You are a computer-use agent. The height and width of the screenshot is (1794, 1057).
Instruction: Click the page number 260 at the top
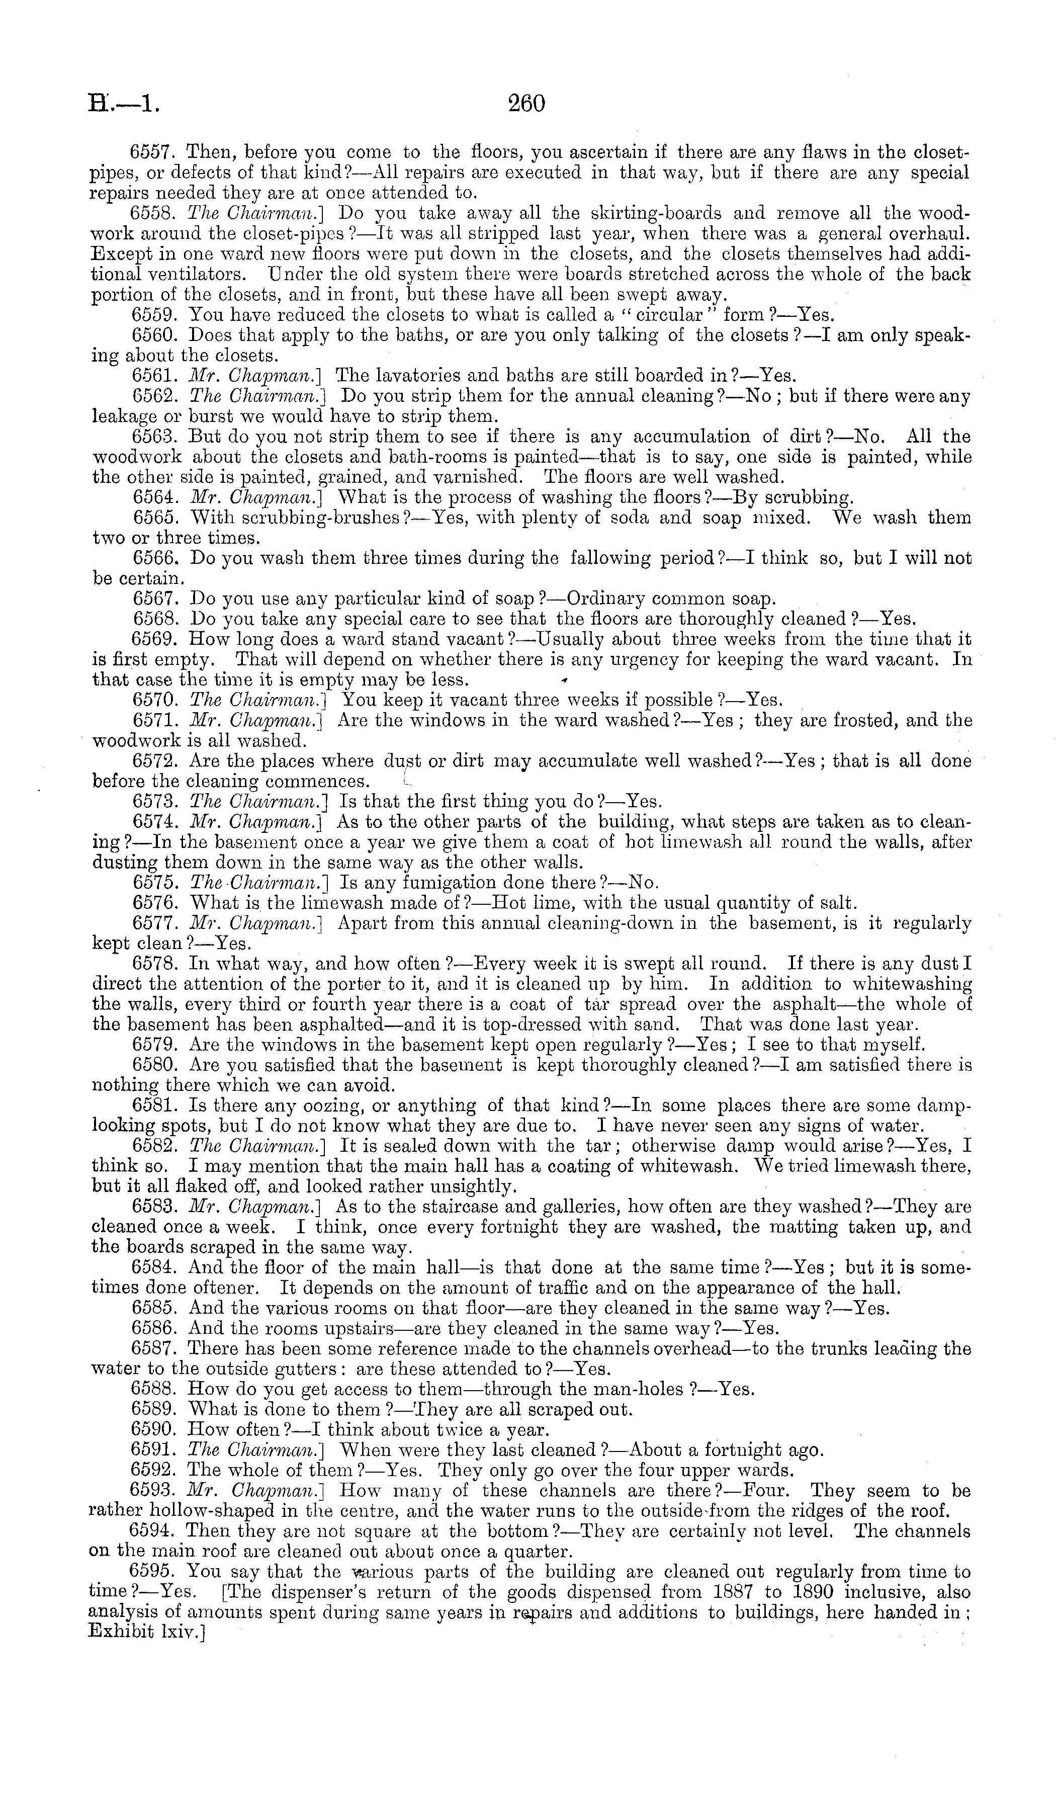526,104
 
